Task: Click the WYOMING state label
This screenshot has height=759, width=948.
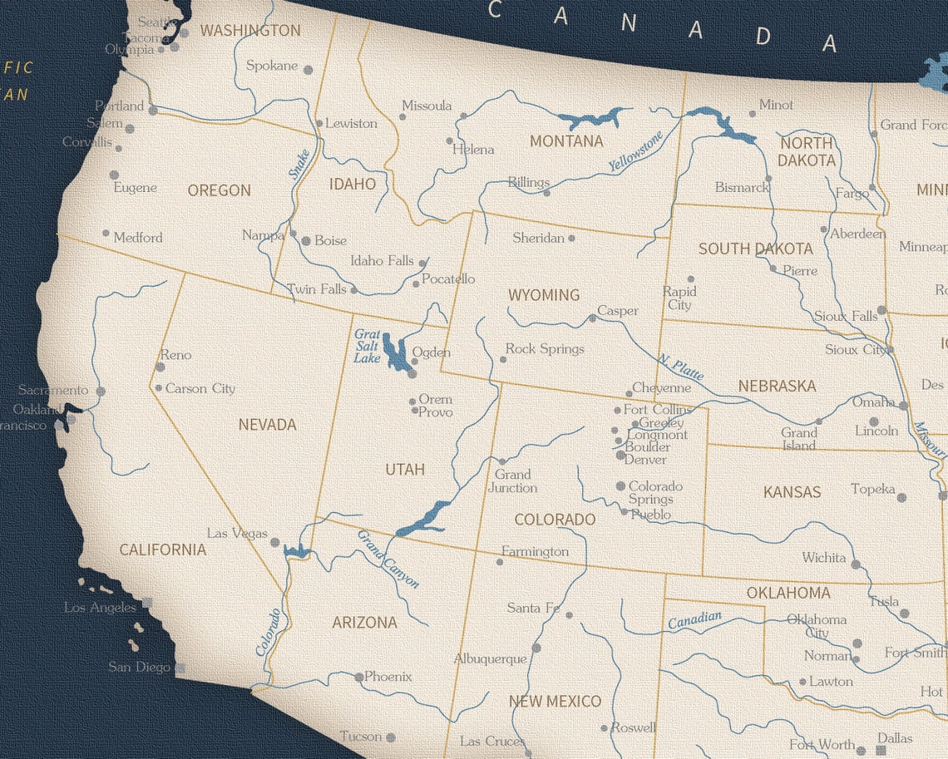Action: coord(544,295)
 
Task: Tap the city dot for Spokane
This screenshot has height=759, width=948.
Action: coord(308,71)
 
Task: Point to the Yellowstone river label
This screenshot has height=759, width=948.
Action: coord(636,151)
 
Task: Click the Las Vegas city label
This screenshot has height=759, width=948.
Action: coord(237,533)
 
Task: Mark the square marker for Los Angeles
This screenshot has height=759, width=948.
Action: coord(147,603)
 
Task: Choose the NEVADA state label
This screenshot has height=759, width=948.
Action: coord(267,425)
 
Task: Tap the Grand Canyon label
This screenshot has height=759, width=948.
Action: coord(388,559)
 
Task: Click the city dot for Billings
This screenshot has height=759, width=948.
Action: coord(546,193)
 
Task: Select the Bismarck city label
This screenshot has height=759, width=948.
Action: coord(742,188)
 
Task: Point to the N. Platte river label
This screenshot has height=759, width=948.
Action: coord(681,367)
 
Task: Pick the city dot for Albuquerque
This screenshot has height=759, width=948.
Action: coord(536,647)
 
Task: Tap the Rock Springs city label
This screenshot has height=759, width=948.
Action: coord(545,349)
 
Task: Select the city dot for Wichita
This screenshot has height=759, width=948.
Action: coord(856,564)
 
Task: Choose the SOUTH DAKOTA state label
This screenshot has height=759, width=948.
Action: coord(755,249)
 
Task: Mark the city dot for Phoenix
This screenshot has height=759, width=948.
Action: coord(359,678)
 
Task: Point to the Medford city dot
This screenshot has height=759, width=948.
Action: coord(106,234)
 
